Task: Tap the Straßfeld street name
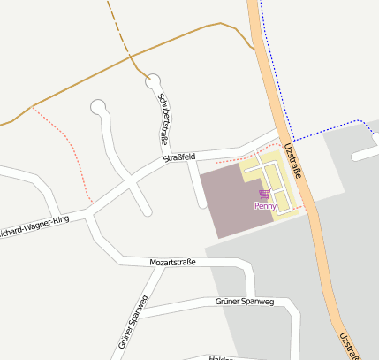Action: point(179,157)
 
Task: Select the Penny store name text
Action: point(265,206)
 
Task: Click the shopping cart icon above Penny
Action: point(264,194)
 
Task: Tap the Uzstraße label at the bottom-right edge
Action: point(350,345)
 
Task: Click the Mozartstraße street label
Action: point(171,263)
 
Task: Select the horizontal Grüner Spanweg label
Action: point(245,302)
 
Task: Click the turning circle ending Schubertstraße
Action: point(154,80)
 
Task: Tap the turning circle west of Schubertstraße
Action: point(98,108)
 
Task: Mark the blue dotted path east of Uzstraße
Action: point(327,130)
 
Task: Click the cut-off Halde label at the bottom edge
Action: point(221,356)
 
